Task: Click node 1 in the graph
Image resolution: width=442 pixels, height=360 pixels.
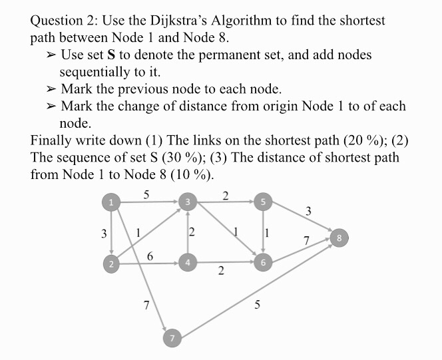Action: pos(112,200)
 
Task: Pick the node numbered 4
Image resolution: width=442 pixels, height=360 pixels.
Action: pos(188,264)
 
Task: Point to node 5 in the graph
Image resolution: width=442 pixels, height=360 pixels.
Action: pos(264,200)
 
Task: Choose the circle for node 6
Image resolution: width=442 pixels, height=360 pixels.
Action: pos(264,264)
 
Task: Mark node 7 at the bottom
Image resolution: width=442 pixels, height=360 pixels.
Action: pos(172,339)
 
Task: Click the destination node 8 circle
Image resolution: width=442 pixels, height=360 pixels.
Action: pos(339,237)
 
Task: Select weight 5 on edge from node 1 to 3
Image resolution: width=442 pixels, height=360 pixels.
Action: pos(146,194)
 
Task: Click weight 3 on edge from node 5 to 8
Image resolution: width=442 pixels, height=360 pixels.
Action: pos(308,212)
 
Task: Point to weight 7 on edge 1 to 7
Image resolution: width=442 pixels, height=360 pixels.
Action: pos(146,305)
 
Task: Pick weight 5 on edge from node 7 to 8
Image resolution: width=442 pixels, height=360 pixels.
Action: pos(258,305)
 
